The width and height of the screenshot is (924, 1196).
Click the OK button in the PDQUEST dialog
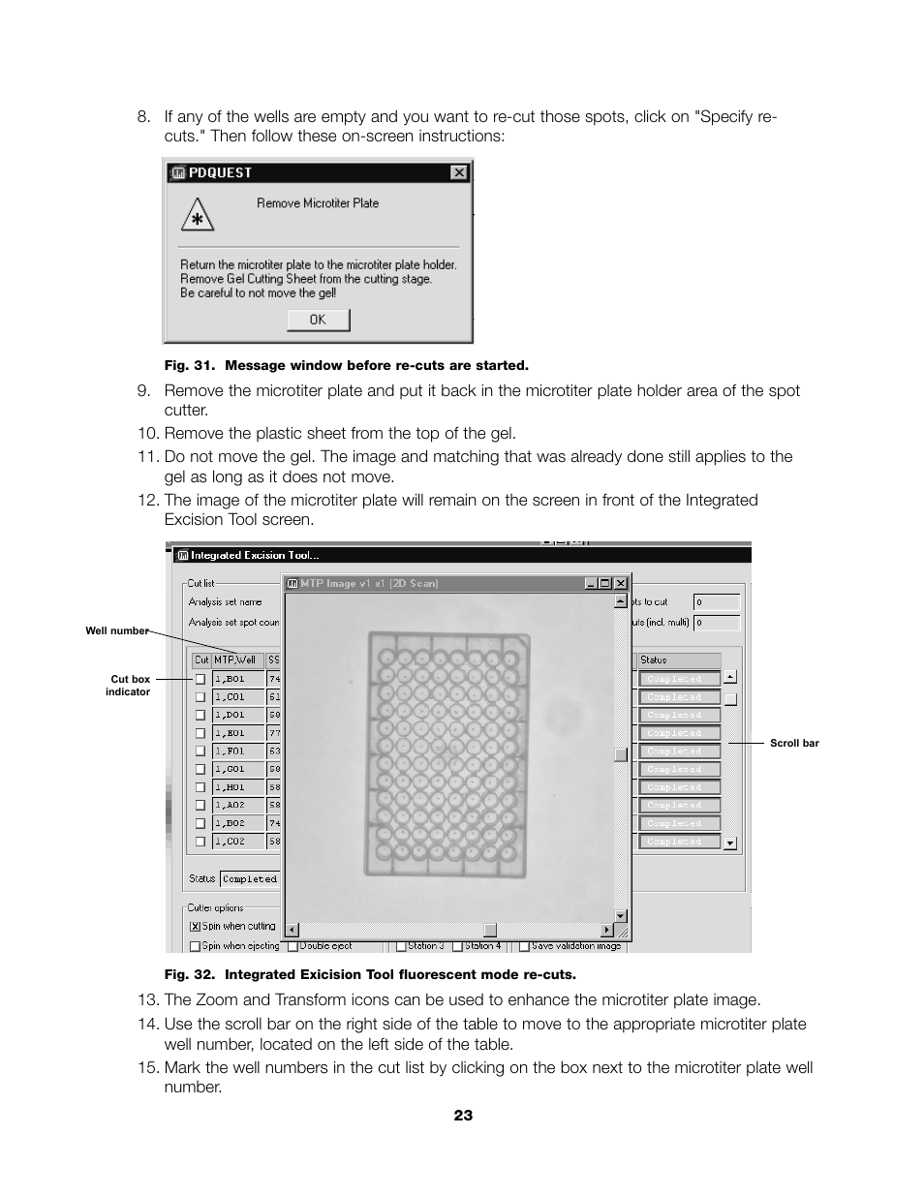[x=318, y=320]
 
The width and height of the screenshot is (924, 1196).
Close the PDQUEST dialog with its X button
[x=458, y=172]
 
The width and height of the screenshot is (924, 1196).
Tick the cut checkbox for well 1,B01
[x=200, y=679]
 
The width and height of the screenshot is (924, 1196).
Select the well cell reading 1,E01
[x=237, y=733]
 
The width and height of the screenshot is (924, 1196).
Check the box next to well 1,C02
[x=200, y=842]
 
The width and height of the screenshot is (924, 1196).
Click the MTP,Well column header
[x=236, y=659]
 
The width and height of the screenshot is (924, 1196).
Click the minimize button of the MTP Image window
[x=591, y=583]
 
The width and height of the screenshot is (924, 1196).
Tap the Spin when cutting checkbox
[x=195, y=926]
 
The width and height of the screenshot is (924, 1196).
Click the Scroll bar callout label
[x=794, y=744]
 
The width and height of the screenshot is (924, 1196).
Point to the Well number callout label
[x=116, y=631]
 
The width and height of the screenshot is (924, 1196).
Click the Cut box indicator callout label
[x=130, y=686]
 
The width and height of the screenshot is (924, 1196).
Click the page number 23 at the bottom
[x=463, y=1116]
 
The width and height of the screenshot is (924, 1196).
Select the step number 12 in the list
[x=147, y=501]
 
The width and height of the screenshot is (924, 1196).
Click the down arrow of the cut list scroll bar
[x=730, y=843]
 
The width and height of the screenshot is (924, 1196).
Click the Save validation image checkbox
[x=523, y=946]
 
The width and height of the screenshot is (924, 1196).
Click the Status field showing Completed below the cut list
[x=249, y=879]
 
